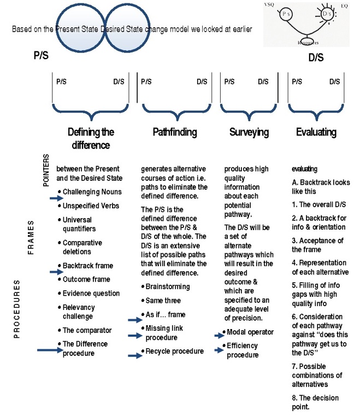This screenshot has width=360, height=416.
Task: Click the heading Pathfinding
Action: [175, 132]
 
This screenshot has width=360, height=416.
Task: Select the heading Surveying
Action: [249, 132]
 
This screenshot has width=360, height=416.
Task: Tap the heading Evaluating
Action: [316, 132]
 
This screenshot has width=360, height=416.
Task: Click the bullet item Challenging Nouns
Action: [88, 192]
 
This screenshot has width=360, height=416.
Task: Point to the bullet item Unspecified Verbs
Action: [91, 206]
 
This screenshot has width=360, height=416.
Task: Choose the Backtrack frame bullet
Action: [88, 266]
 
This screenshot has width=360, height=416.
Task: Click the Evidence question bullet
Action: [91, 293]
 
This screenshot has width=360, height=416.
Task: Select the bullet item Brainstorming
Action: [168, 286]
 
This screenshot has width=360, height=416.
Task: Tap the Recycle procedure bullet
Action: [174, 351]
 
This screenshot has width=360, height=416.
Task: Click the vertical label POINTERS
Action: [46, 170]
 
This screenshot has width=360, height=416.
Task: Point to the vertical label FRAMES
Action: [32, 236]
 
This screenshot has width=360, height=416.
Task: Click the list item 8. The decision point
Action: [315, 402]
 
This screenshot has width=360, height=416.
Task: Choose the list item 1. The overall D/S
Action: [318, 204]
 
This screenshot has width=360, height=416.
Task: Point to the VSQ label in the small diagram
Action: [269, 4]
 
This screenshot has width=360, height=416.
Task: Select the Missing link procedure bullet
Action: [164, 332]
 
